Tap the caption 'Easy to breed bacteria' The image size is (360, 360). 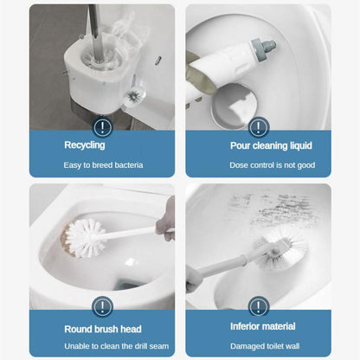tap(102, 164)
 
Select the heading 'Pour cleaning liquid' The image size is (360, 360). tap(258, 145)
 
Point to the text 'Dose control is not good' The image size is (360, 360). tap(258, 164)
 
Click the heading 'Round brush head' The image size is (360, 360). tap(102, 329)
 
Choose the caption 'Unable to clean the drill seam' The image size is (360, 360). tap(102, 346)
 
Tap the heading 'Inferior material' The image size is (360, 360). tap(258, 327)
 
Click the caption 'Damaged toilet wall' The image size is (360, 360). tap(258, 346)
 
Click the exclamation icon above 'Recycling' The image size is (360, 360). tap(102, 127)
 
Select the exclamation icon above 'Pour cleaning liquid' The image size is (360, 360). tap(258, 127)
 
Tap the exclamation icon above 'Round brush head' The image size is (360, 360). tap(102, 306)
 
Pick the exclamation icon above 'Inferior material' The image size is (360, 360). tap(258, 306)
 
